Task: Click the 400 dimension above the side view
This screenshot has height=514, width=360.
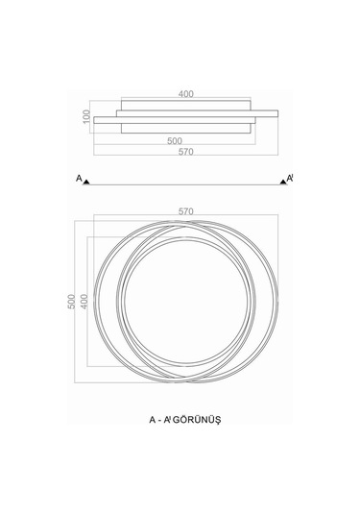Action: [185, 94]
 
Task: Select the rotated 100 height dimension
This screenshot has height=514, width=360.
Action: [86, 116]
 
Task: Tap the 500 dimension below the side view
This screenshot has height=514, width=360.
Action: [175, 141]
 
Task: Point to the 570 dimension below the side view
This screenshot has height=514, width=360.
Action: [185, 152]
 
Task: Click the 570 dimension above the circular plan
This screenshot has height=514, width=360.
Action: [185, 211]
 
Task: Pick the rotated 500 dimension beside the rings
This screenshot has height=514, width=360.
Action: [71, 302]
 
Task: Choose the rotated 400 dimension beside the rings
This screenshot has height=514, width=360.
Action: [84, 302]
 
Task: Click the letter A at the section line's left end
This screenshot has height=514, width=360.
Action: [79, 179]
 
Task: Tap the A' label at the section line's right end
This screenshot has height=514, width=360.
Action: [290, 178]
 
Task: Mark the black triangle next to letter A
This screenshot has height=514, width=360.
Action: [86, 182]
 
